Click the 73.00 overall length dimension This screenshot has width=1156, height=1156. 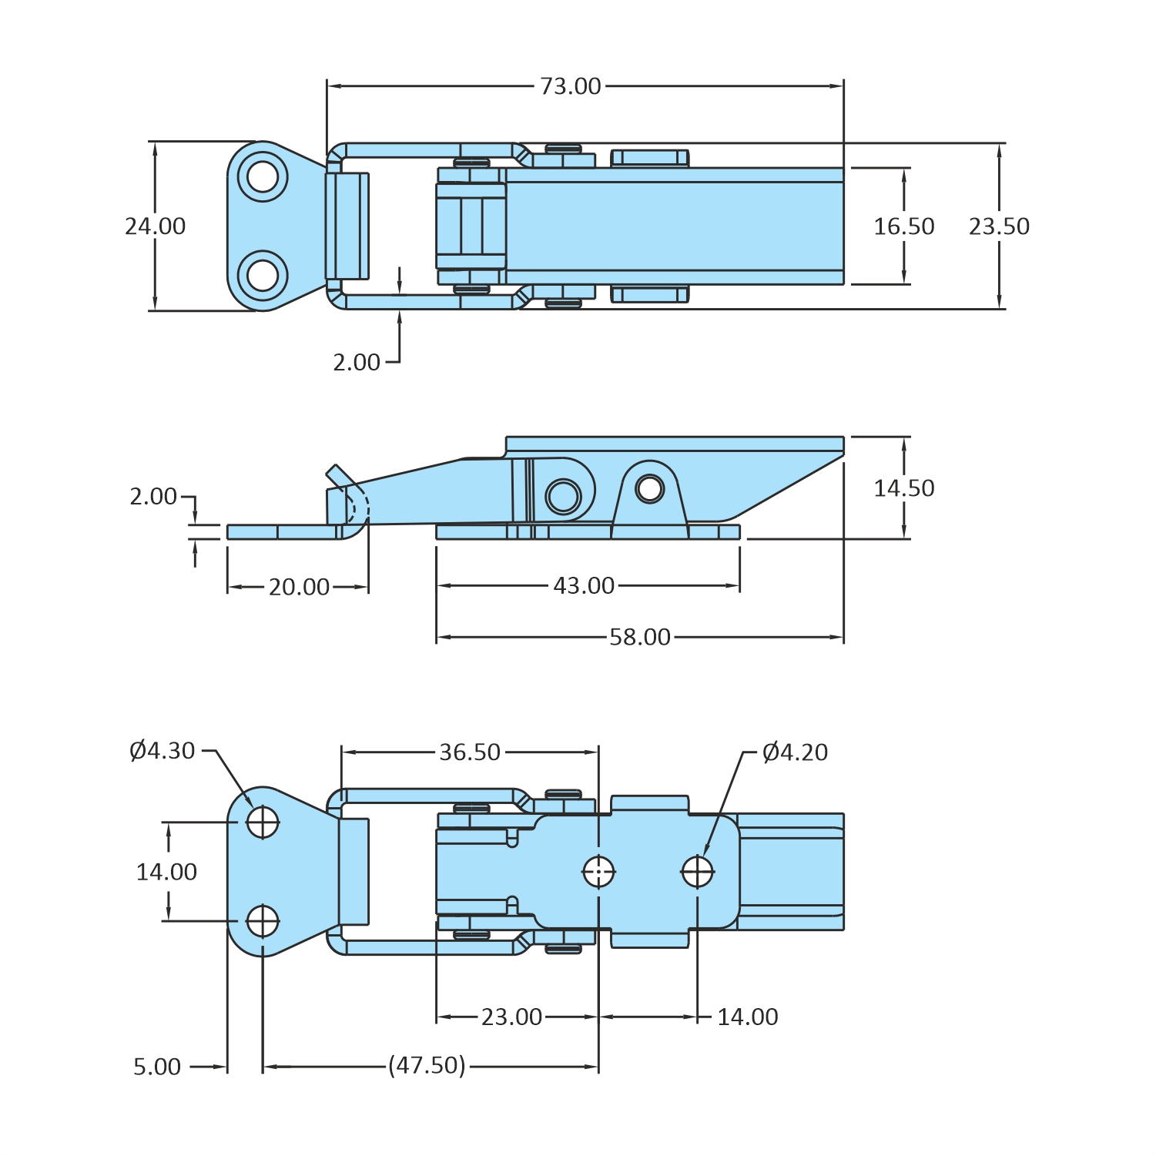tap(570, 86)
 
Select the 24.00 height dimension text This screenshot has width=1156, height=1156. tap(156, 226)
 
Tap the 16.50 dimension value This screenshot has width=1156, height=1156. tap(903, 226)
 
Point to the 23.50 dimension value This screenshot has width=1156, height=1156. tap(999, 226)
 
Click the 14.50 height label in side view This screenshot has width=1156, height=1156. tap(903, 488)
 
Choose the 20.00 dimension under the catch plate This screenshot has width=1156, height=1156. tap(299, 588)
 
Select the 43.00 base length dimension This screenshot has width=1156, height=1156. tap(584, 586)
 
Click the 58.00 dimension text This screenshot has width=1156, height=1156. tap(640, 638)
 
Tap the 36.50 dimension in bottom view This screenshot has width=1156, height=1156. tap(470, 752)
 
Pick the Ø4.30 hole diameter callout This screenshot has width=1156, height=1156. tap(163, 751)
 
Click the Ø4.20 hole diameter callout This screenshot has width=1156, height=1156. tap(795, 752)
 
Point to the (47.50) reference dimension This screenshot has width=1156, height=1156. tap(427, 1066)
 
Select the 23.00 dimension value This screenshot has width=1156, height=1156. tap(511, 1017)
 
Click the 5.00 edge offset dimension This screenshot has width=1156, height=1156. tap(157, 1067)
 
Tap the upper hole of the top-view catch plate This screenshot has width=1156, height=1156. tap(263, 176)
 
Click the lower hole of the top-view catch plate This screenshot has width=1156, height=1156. tap(263, 275)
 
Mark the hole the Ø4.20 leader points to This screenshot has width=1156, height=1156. tap(697, 872)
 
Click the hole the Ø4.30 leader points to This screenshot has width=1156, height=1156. tap(263, 822)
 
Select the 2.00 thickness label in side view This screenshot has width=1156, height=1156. tap(153, 497)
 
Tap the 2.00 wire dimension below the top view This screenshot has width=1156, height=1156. tap(357, 363)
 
